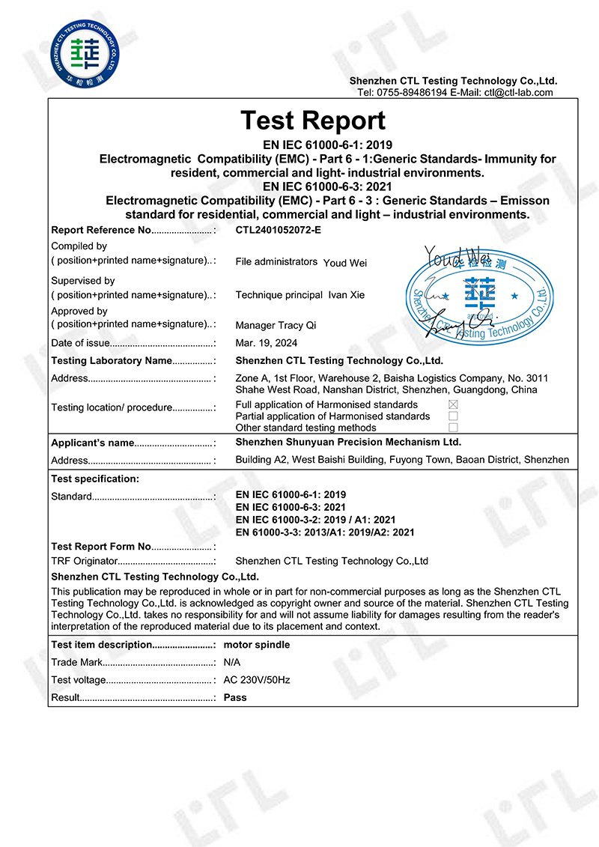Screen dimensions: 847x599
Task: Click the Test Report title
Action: tap(313, 121)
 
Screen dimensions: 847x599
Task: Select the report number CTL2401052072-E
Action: tap(278, 230)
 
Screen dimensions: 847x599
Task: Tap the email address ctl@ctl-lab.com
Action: tap(518, 93)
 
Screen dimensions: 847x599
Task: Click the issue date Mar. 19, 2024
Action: tap(267, 343)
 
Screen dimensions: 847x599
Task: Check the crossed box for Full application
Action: tap(453, 404)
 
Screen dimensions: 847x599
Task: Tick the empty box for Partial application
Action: tap(453, 416)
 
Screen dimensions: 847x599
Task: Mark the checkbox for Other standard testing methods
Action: tap(453, 427)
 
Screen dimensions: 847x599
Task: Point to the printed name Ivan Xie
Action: tap(347, 295)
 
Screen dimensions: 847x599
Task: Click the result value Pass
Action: tap(235, 697)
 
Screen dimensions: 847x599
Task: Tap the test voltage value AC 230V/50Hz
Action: tap(257, 680)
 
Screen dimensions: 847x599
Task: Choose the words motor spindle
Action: tap(257, 645)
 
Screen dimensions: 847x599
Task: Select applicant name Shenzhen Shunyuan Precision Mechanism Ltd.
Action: tap(348, 443)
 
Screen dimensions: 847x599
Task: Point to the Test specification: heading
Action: tap(95, 479)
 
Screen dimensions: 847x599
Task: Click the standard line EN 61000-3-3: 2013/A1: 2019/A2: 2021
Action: tap(325, 532)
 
